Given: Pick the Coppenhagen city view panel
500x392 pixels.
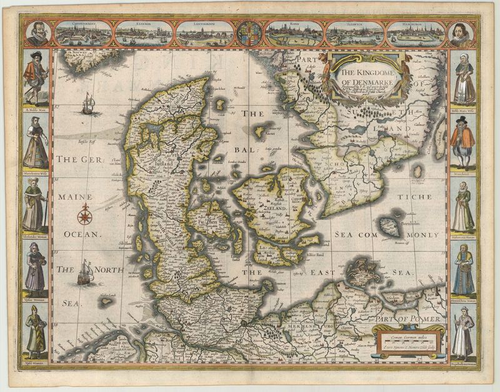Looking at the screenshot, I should click(x=83, y=34).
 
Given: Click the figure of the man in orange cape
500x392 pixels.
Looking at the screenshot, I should click(x=464, y=141).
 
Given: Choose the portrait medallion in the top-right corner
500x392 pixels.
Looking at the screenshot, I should click(x=463, y=34).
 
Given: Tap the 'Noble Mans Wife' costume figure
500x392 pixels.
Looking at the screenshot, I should click(x=464, y=79).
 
